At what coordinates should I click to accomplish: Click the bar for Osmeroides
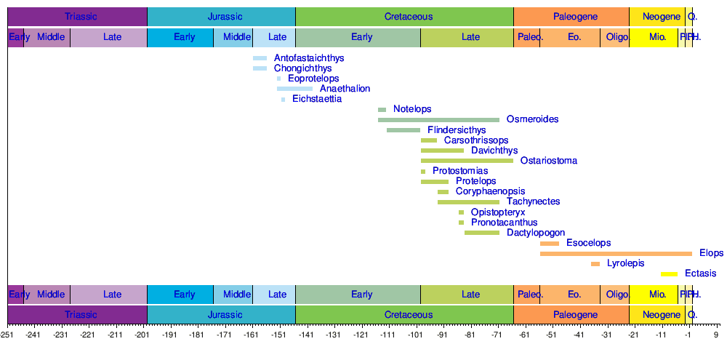[438, 120]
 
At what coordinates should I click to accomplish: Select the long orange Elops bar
[616, 253]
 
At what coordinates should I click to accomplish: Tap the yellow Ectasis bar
[669, 273]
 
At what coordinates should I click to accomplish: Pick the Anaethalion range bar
[294, 89]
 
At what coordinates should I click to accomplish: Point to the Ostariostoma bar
[467, 161]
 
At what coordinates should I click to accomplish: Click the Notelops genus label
[412, 109]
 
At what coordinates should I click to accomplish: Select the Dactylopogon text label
[536, 233]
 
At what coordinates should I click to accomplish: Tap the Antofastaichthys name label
[309, 58]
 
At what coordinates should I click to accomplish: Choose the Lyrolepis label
[625, 263]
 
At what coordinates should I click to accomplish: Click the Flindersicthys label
[457, 130]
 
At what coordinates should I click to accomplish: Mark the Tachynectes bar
[468, 201]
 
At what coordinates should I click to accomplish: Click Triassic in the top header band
[81, 16]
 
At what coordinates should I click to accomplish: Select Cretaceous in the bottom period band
[404, 315]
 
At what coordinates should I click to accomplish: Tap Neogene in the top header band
[656, 16]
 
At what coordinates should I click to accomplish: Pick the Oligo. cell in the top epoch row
[617, 37]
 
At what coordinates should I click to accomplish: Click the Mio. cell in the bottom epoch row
[657, 295]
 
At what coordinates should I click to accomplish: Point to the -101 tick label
[415, 335]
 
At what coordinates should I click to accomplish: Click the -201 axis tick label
[142, 335]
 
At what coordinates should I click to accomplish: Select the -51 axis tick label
[551, 335]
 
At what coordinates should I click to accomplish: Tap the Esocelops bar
[550, 243]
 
